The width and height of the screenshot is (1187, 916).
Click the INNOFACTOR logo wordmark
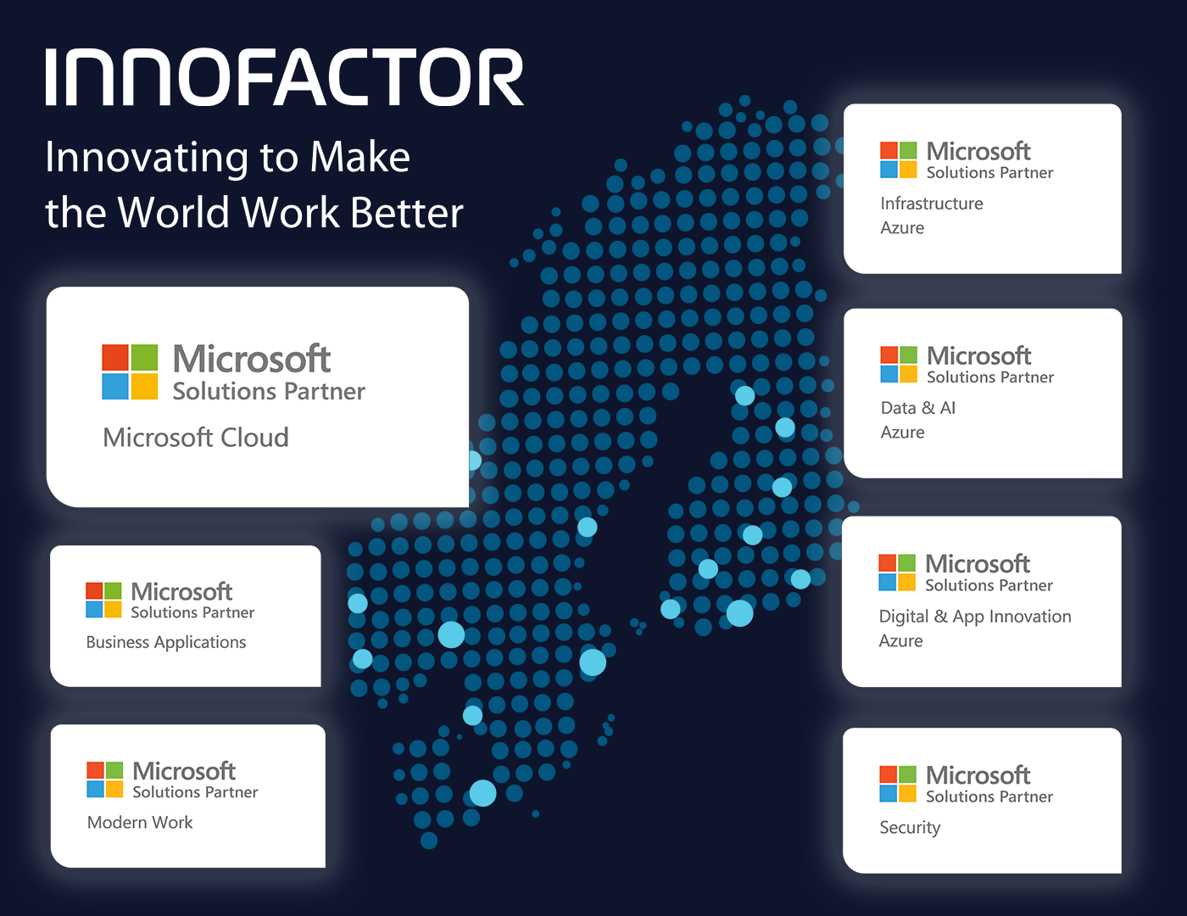click(285, 77)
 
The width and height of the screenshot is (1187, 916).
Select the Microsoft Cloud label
click(196, 438)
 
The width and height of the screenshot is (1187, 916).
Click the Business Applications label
click(166, 642)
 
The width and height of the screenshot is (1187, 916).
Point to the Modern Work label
click(140, 822)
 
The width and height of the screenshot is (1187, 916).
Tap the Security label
click(910, 828)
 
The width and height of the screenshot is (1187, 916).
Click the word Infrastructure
click(931, 204)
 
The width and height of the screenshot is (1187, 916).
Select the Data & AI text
click(917, 408)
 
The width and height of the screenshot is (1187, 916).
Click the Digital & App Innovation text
click(975, 617)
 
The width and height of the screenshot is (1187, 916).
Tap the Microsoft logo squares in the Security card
click(898, 784)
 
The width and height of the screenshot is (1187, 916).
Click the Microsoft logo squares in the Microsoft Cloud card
click(130, 372)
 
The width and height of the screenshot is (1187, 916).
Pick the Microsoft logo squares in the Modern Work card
click(105, 779)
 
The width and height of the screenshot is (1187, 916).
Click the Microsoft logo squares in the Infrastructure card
click(899, 160)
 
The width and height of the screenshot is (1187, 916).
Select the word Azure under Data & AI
click(902, 433)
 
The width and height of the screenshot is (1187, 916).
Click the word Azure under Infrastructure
click(902, 228)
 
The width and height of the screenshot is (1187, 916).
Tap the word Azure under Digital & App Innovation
click(900, 640)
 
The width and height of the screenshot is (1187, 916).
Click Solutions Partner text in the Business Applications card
click(192, 613)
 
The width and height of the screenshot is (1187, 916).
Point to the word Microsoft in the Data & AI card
click(979, 356)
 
